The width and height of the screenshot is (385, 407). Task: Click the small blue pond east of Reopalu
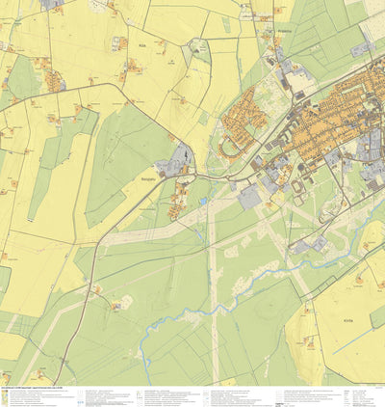204,200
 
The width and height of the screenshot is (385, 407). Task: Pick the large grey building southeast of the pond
249,197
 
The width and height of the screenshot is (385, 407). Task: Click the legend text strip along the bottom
192,395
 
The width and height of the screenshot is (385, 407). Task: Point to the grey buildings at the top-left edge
54,4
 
